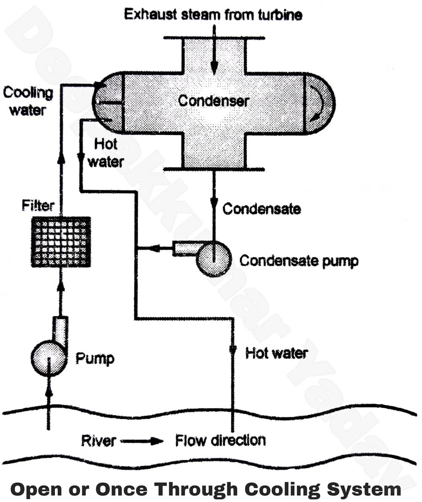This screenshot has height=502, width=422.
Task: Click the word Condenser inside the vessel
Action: coord(214,101)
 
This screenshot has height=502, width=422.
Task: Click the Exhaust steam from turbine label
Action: coord(213,15)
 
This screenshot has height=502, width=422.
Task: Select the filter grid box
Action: coord(61,242)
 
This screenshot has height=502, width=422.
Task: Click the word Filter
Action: coord(38,206)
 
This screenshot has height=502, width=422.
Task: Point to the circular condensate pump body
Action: coord(214,259)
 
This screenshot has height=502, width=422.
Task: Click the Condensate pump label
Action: coord(299,261)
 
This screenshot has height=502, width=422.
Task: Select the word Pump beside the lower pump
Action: coord(95,359)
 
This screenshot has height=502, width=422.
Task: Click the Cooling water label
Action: coord(28,101)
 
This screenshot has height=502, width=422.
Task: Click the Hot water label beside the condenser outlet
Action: coord(105,153)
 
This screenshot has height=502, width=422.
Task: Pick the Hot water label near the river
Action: coord(276,353)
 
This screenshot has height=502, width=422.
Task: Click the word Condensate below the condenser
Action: coord(261,208)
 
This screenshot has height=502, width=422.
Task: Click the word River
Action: coord(98,441)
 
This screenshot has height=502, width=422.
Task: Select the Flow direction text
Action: coord(220,441)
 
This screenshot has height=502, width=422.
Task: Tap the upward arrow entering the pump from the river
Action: coord(49,397)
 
